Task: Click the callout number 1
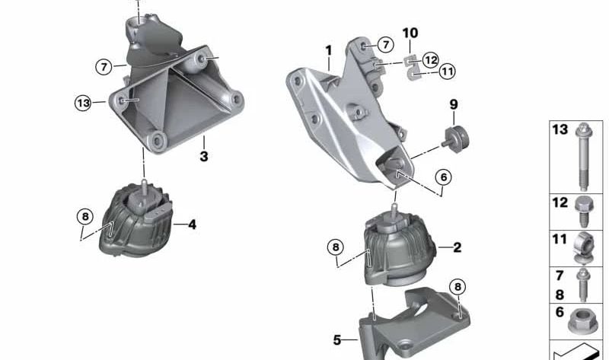(x=329, y=51)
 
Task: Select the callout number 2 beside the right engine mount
(x=457, y=247)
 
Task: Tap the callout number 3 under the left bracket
(x=203, y=157)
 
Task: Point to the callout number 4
(x=192, y=225)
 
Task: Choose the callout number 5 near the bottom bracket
(x=337, y=340)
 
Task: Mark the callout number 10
(x=410, y=33)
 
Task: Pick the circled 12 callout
(x=431, y=59)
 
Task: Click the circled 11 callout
(x=447, y=72)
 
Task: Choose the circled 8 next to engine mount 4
(x=85, y=217)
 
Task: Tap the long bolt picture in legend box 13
(x=582, y=155)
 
